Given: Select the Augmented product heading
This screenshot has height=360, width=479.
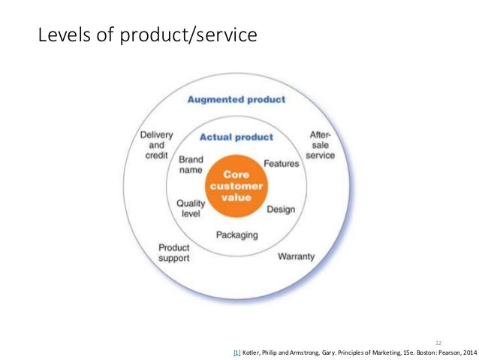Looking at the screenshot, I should click(x=236, y=99).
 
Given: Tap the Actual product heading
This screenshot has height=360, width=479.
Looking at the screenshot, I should click(x=236, y=137).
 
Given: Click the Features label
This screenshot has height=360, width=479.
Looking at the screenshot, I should click(x=282, y=163).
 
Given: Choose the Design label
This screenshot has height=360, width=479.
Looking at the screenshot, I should click(x=281, y=209).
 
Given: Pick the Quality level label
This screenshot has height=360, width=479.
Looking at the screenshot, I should click(x=191, y=209).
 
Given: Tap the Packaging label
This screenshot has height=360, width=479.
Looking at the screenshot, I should click(x=236, y=234).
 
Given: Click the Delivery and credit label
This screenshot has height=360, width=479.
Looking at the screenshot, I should click(x=156, y=145).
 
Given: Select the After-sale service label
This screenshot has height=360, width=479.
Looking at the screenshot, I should click(x=320, y=145).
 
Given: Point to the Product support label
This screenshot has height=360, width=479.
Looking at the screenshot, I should click(x=173, y=253).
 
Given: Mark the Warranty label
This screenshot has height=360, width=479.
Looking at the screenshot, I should click(x=297, y=256).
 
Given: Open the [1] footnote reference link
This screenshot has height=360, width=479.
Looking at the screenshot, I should click(x=237, y=352).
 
